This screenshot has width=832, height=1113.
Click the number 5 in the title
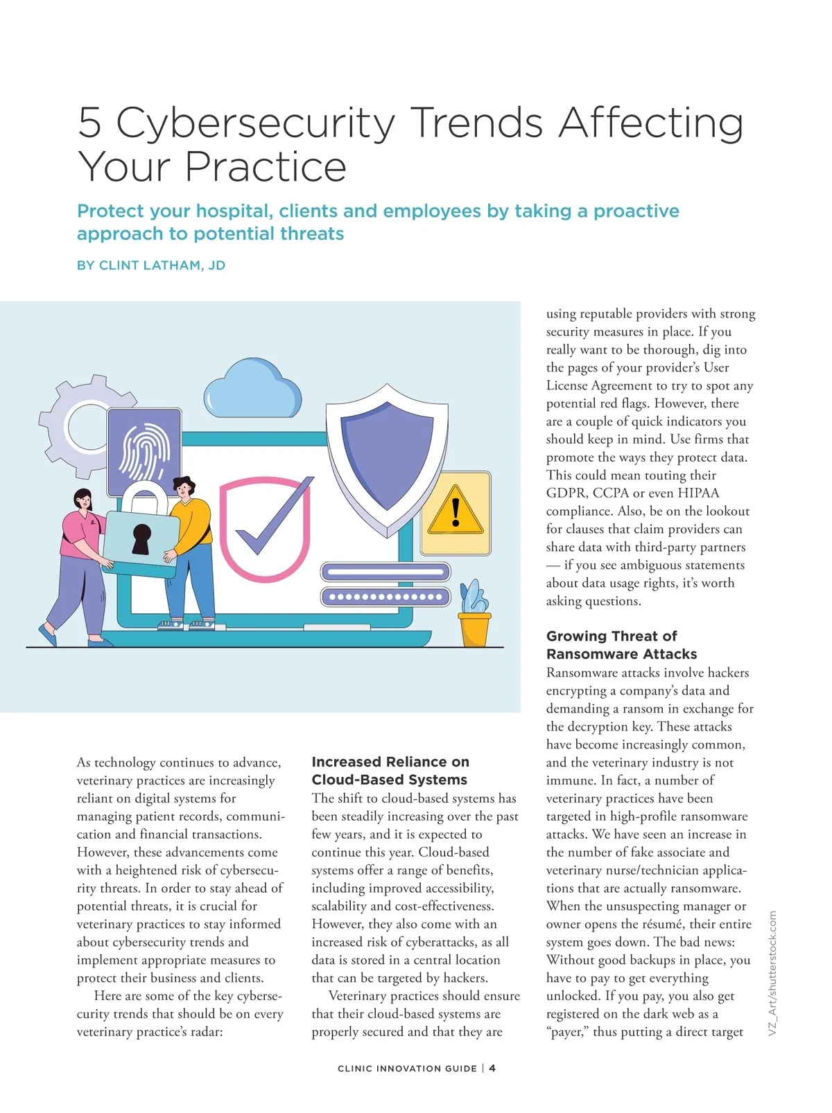(x=90, y=123)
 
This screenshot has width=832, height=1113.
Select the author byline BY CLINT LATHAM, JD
(x=151, y=265)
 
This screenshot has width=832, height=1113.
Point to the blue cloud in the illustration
(x=253, y=389)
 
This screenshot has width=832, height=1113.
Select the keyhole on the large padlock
(x=141, y=538)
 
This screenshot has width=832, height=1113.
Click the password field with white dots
(x=385, y=597)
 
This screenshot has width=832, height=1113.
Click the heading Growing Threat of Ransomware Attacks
(x=621, y=645)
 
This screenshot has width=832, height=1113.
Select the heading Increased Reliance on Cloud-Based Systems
(x=390, y=771)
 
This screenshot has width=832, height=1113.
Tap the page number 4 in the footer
(x=492, y=1068)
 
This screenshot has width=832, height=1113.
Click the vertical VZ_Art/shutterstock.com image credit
(x=773, y=974)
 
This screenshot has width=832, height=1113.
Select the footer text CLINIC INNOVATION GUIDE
(x=407, y=1069)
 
